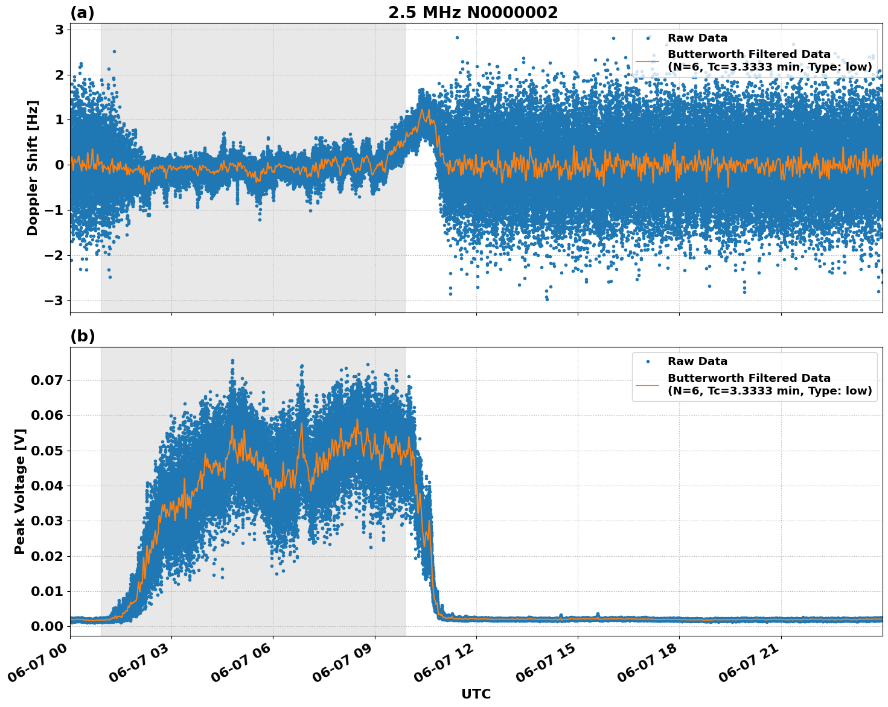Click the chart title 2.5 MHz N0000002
click(473, 13)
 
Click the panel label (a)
click(82, 13)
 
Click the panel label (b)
click(82, 336)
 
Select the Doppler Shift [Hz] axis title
click(33, 168)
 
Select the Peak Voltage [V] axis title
click(20, 492)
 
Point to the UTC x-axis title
click(476, 694)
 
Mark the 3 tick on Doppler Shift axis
click(60, 30)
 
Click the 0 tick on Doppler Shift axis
click(60, 165)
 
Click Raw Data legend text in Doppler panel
click(697, 38)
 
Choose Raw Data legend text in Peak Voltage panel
click(697, 361)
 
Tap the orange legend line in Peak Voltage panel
click(647, 384)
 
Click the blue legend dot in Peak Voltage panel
click(647, 361)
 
